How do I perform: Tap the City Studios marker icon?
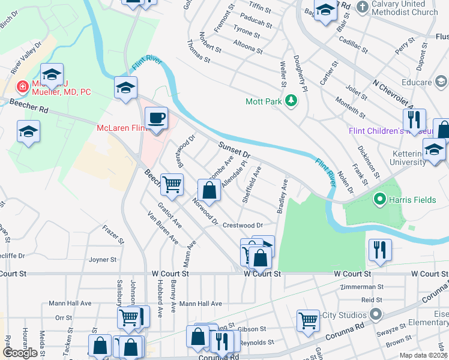click(376, 314)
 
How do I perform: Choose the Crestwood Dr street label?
click(243, 226)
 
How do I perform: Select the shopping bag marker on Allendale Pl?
click(209, 191)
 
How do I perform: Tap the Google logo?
click(20, 352)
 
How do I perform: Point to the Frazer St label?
click(112, 233)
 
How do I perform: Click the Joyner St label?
click(102, 260)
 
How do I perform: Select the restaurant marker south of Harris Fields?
click(380, 248)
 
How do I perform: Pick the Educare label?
click(417, 82)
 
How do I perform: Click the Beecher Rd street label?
click(28, 106)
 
